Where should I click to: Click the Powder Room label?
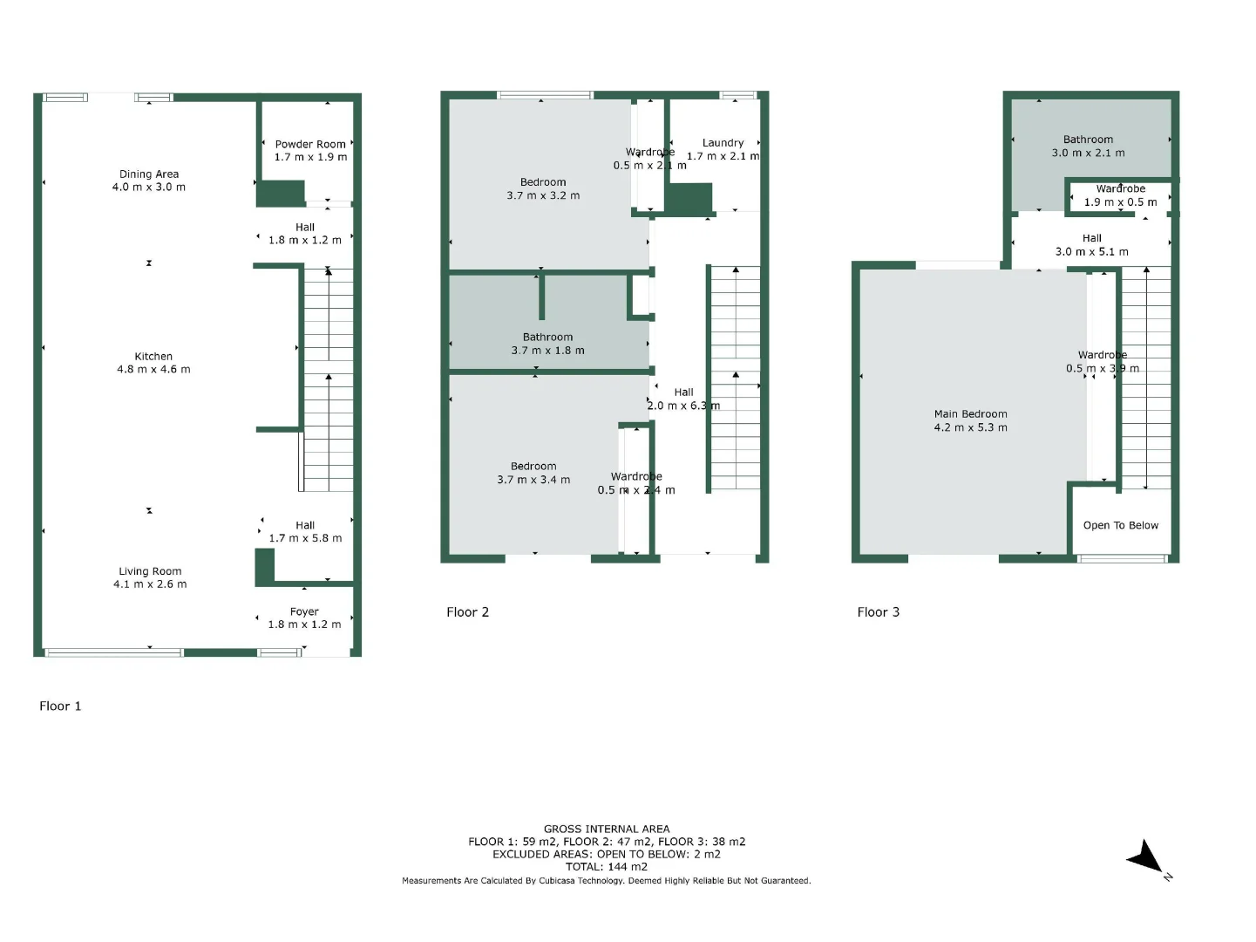click(310, 145)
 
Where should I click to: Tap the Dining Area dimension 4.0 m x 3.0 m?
click(149, 188)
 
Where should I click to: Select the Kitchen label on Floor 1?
click(153, 357)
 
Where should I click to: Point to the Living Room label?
click(150, 572)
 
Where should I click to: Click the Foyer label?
click(304, 612)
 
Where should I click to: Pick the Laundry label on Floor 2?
click(723, 143)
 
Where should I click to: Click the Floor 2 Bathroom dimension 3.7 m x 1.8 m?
click(547, 351)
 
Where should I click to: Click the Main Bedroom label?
click(970, 414)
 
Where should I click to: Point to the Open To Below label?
click(1120, 525)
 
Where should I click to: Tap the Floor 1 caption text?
click(60, 706)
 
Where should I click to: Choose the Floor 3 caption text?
click(878, 612)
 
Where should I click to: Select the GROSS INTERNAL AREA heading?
click(607, 829)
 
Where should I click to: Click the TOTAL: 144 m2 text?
click(607, 867)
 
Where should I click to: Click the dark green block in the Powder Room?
click(280, 193)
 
